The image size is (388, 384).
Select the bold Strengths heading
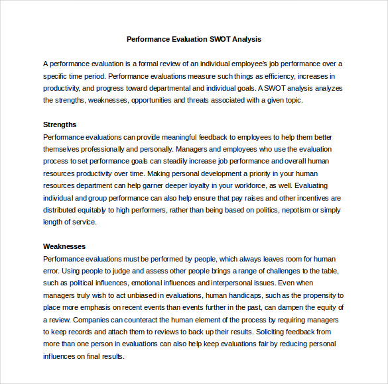click(x=60, y=124)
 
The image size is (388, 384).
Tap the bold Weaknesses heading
click(x=64, y=246)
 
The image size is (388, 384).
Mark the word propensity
click(x=320, y=295)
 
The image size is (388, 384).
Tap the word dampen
click(x=285, y=307)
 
